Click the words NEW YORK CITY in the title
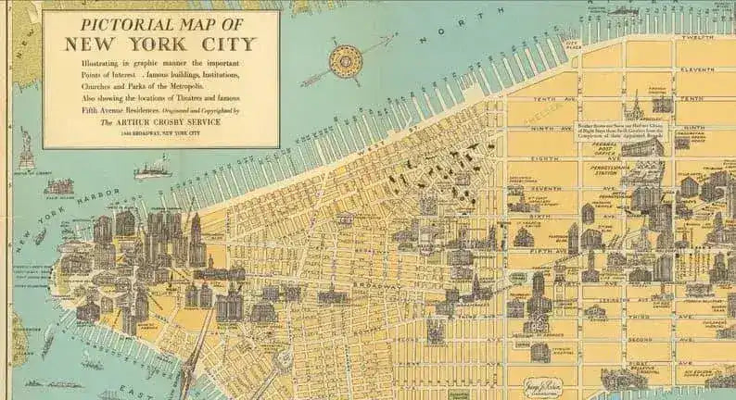160,44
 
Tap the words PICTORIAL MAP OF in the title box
159,23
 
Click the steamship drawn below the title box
152,170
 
